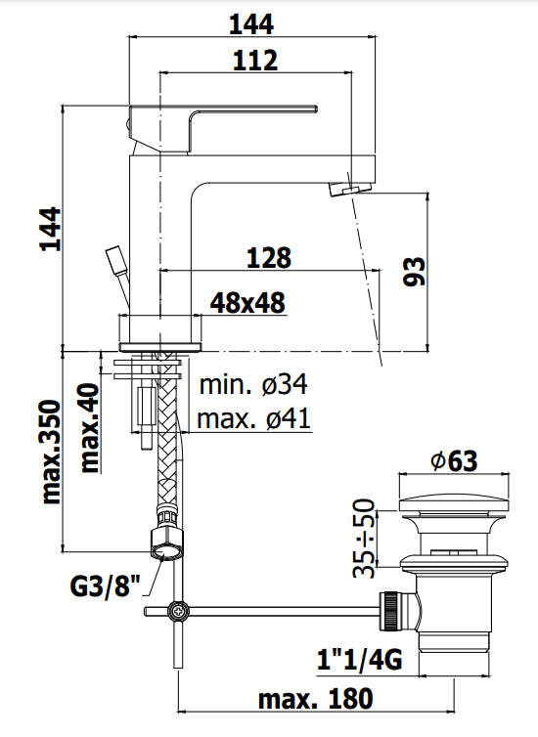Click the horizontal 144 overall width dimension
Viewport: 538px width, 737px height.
click(x=251, y=22)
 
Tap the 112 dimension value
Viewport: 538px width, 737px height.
click(x=255, y=61)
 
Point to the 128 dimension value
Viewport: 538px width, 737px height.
click(x=269, y=258)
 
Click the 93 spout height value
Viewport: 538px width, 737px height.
click(x=414, y=271)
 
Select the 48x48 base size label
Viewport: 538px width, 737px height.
click(x=248, y=303)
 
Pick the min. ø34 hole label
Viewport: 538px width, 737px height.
click(x=254, y=388)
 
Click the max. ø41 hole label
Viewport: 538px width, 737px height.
click(x=253, y=420)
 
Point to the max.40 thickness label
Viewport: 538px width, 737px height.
click(x=89, y=427)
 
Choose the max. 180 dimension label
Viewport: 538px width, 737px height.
click(x=315, y=699)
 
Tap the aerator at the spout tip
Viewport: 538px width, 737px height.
click(x=356, y=187)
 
